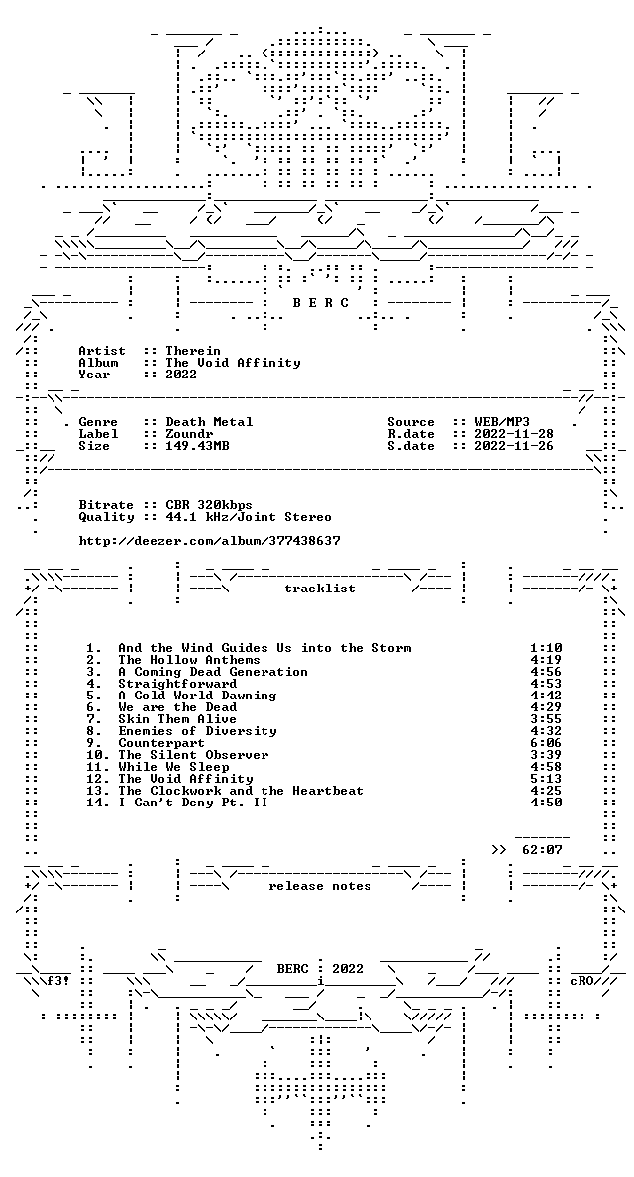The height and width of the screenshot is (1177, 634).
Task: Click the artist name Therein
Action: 193,351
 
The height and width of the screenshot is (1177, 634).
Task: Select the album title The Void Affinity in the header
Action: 233,363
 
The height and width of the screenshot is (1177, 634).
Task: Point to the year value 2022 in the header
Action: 181,374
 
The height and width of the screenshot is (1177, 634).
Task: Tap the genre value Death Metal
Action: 209,422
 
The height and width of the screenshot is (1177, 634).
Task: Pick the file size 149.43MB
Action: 197,446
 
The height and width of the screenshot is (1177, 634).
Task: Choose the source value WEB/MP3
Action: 502,422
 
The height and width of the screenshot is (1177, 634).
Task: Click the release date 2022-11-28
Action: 514,434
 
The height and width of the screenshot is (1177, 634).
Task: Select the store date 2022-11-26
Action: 514,446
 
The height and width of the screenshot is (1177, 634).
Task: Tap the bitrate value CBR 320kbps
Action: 209,505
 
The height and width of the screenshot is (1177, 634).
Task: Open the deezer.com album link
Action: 209,541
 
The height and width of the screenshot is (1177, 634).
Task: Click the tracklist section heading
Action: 320,588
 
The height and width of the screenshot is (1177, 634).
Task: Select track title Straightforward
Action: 177,683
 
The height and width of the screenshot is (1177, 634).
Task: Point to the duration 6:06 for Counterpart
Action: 546,742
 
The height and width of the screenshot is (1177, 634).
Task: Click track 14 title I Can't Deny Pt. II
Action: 193,802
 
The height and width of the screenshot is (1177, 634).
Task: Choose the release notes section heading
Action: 320,886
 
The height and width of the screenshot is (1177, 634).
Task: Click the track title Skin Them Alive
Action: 177,719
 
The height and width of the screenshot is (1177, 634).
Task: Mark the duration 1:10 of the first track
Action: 546,648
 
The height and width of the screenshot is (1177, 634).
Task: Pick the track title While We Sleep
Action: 173,767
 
